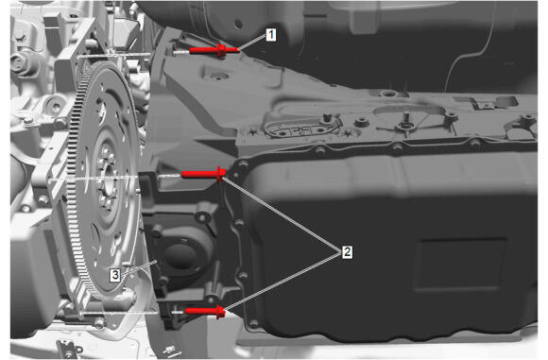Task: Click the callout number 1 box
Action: tap(271, 35)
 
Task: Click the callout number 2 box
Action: tap(347, 251)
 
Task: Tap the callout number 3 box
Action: tap(115, 275)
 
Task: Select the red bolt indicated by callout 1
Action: tap(214, 51)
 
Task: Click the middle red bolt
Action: tap(204, 174)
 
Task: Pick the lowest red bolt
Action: tap(205, 312)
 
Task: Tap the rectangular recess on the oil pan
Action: tap(459, 265)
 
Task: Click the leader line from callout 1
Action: tap(252, 43)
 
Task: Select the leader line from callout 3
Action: tap(140, 266)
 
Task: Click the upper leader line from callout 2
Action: tap(282, 214)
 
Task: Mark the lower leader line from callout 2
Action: tap(283, 282)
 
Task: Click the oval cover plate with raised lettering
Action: tap(301, 129)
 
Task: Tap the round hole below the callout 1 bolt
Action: tap(216, 76)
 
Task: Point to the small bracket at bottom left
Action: tap(69, 350)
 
